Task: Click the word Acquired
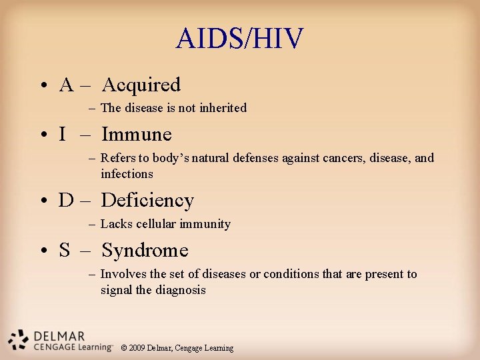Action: pyautogui.click(x=141, y=85)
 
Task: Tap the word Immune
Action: pyautogui.click(x=136, y=134)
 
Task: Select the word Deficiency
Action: pyautogui.click(x=147, y=200)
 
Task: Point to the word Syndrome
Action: pyautogui.click(x=145, y=250)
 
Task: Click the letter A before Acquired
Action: pyautogui.click(x=66, y=85)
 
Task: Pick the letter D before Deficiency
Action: pyautogui.click(x=66, y=201)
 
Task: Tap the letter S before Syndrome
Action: pyautogui.click(x=65, y=251)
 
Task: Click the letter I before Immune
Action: pyautogui.click(x=62, y=135)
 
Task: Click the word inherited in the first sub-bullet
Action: pyautogui.click(x=223, y=108)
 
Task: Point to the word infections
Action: pyautogui.click(x=127, y=174)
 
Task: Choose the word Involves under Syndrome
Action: pyautogui.click(x=123, y=274)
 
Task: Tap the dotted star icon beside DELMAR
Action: pyautogui.click(x=18, y=339)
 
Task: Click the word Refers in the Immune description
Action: pyautogui.click(x=117, y=158)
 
